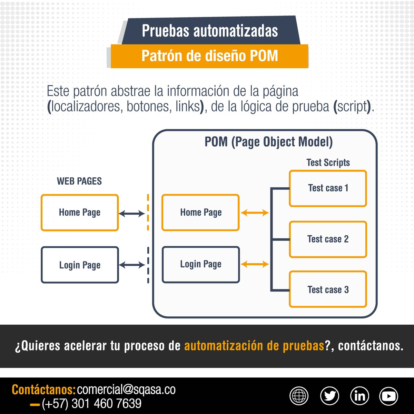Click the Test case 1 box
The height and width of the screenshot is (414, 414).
328,188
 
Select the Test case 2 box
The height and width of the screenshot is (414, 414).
328,239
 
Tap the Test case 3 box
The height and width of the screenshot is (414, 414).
328,289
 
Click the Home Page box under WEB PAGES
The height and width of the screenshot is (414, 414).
80,213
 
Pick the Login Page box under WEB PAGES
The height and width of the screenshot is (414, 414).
80,265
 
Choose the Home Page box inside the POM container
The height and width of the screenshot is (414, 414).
200,213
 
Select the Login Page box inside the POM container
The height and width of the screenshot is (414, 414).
200,265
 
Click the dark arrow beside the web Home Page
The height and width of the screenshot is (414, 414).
131,214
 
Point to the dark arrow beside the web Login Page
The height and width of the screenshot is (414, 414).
131,265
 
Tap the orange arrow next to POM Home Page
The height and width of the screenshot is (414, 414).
255,213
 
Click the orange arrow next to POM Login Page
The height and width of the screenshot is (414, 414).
255,265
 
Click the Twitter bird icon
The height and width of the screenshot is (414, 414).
329,396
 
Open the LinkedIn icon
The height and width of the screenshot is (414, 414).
359,396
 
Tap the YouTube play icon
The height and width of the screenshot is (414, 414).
388,396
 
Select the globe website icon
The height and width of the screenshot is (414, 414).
299,396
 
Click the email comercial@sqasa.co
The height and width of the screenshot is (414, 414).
126,390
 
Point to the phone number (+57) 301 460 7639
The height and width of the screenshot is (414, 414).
91,403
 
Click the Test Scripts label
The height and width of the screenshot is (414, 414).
328,162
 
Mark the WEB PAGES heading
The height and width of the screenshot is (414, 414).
79,181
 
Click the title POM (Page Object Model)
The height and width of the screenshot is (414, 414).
268,142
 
